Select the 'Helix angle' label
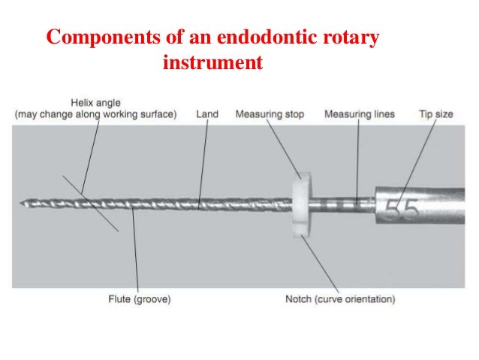(x=96, y=103)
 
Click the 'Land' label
(x=207, y=114)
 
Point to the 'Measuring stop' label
(x=270, y=114)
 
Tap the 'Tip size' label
(x=435, y=114)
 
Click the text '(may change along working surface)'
(x=96, y=114)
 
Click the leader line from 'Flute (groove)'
(x=134, y=256)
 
